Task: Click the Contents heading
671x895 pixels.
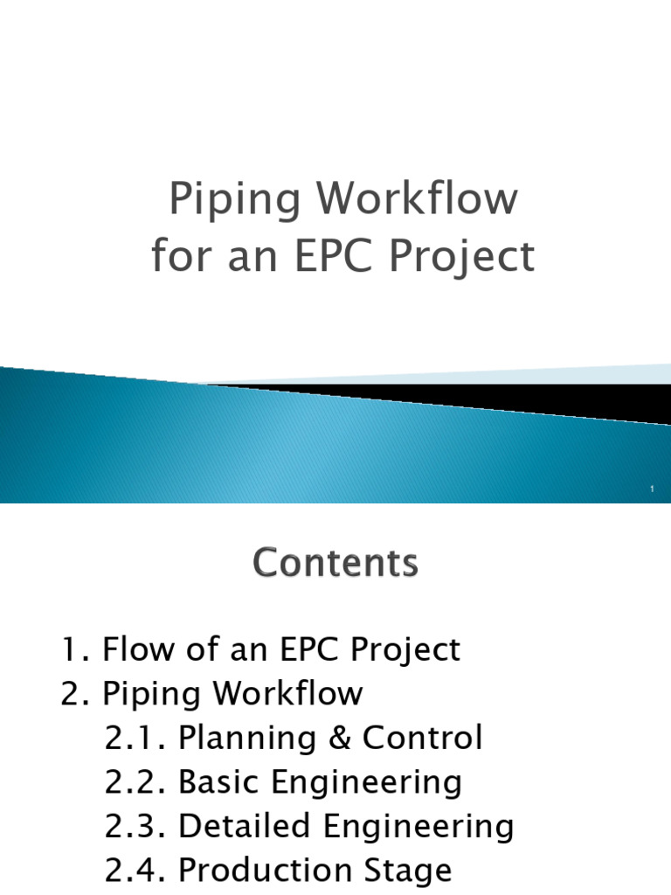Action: click(335, 564)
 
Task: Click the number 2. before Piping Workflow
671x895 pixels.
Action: click(76, 694)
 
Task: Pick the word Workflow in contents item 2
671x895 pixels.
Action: click(288, 694)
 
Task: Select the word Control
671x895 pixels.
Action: click(423, 738)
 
